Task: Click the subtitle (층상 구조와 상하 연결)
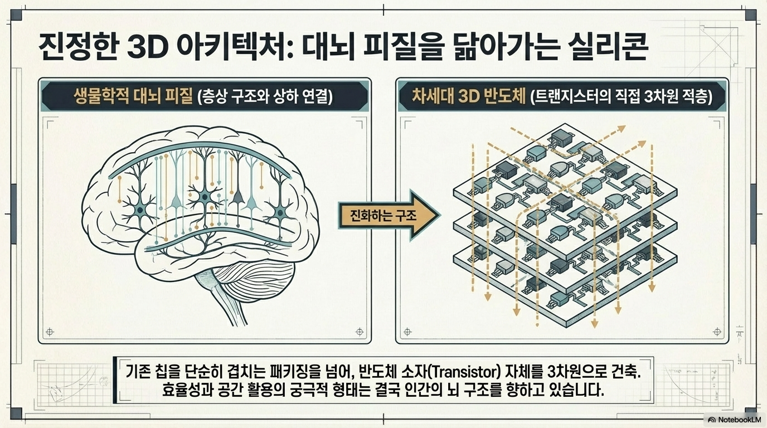[265, 97]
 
